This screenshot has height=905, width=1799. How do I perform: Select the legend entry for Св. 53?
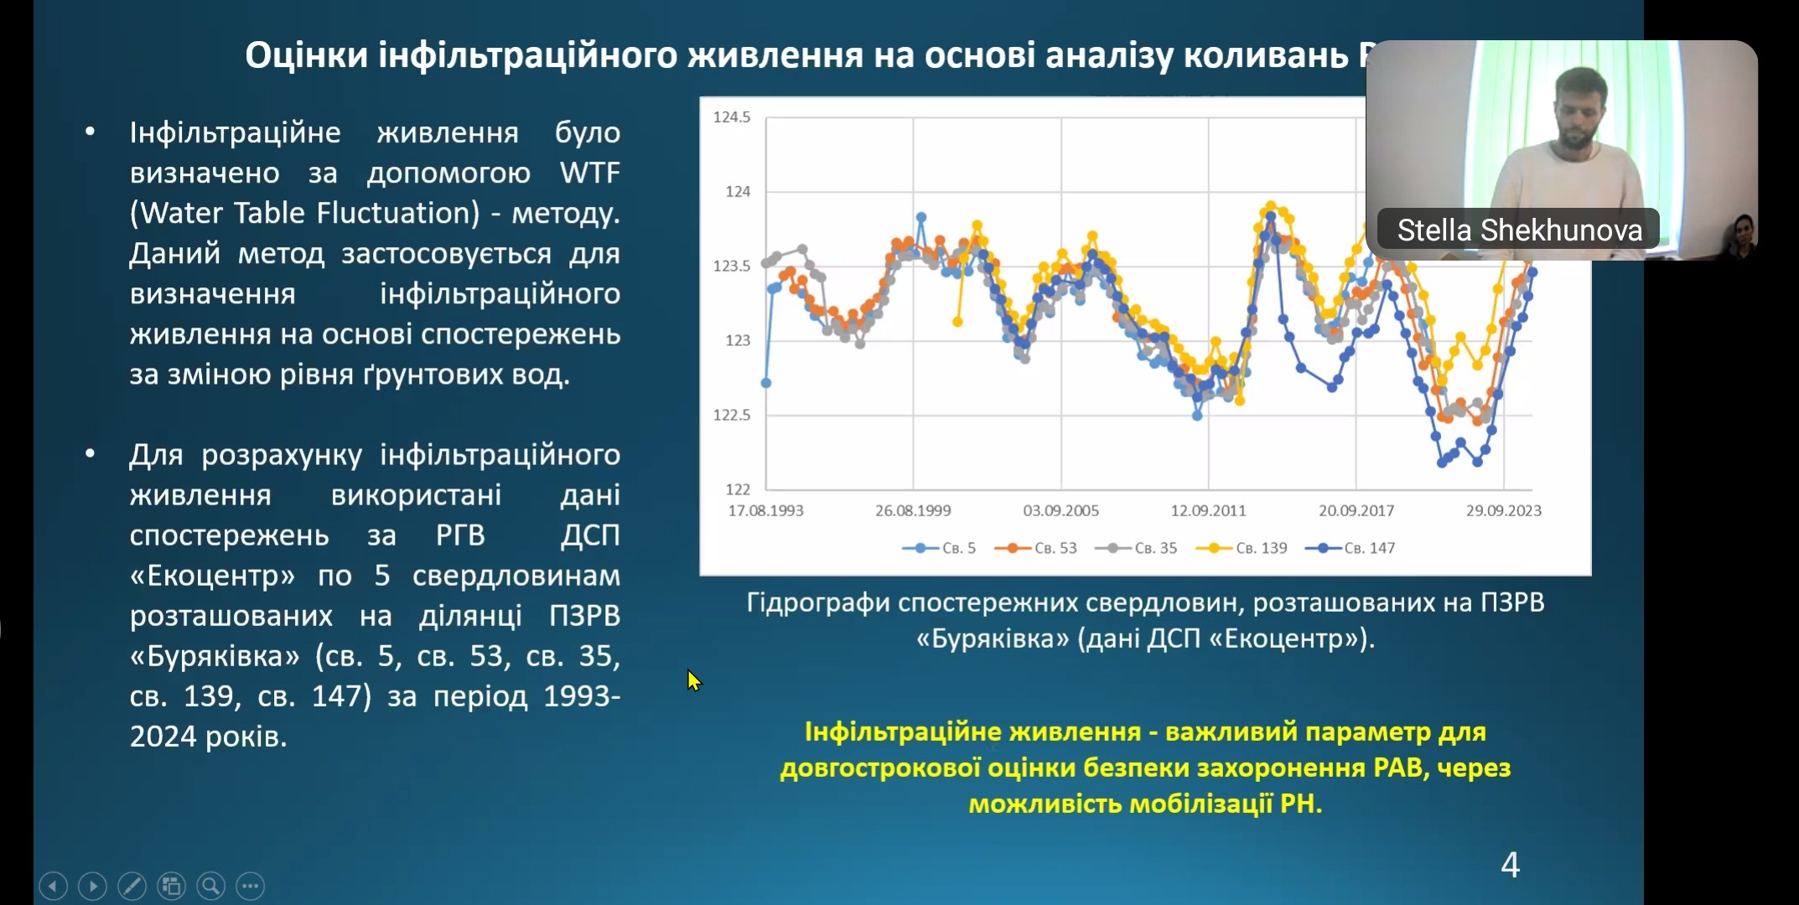pos(1036,548)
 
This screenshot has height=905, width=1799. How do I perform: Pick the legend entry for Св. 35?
pos(1137,548)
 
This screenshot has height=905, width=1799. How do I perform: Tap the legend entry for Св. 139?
pos(1242,548)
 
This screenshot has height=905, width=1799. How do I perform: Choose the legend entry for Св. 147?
pos(1351,548)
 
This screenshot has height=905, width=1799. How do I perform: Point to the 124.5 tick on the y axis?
pos(732,117)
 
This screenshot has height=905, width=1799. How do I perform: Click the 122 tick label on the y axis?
pos(738,489)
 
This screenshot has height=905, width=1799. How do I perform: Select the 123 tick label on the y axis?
pos(738,340)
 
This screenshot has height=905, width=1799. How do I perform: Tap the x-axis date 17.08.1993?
pos(765,510)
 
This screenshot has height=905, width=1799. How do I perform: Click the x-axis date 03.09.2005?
pos(1060,510)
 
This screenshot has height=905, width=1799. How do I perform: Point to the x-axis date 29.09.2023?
pos(1503,510)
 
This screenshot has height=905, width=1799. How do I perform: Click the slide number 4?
pos(1510,865)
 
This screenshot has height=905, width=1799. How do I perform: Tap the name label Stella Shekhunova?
pos(1519,230)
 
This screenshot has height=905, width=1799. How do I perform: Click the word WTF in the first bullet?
pos(590,173)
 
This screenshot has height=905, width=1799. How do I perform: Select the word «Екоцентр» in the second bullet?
pos(212,576)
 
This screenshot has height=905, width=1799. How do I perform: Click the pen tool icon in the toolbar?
pos(132,886)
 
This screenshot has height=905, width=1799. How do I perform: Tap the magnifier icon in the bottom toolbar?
pos(210,886)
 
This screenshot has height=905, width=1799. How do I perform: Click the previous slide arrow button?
pos(53,886)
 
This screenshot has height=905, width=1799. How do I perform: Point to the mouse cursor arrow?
pos(692,679)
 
